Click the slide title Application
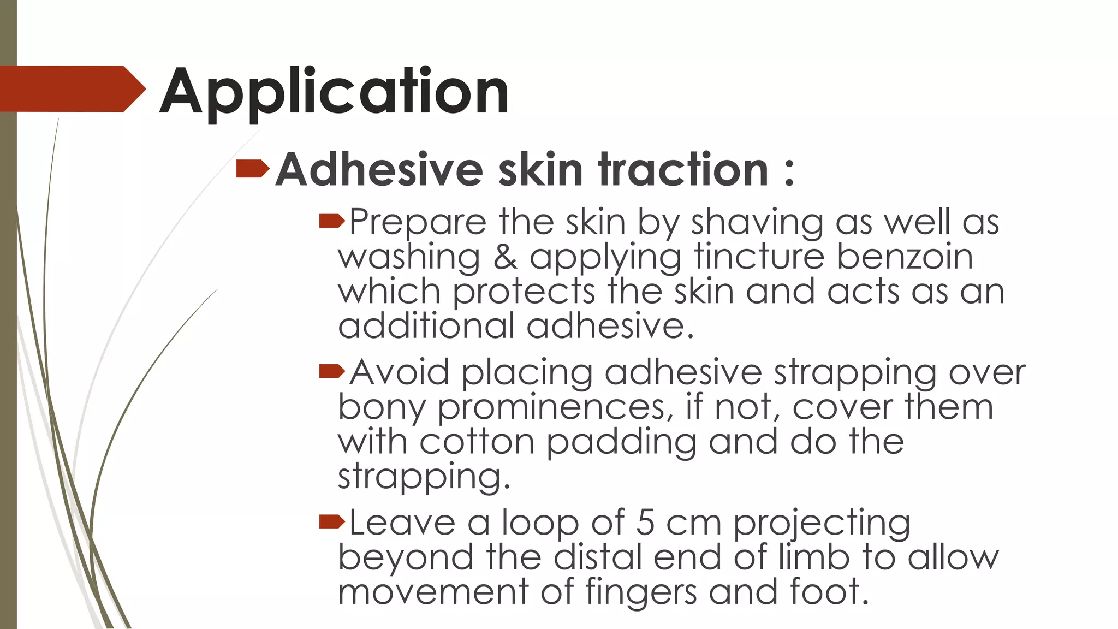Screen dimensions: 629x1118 click(334, 92)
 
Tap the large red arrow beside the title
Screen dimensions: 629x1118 click(71, 89)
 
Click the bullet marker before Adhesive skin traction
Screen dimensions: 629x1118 click(252, 169)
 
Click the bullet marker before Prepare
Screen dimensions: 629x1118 click(331, 221)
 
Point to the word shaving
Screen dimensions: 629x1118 click(757, 223)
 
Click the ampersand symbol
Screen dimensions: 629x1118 click(505, 257)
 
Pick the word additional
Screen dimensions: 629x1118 click(426, 326)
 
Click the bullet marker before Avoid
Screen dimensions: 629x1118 click(331, 371)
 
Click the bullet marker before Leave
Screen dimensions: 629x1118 click(331, 522)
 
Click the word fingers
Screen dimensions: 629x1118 click(641, 592)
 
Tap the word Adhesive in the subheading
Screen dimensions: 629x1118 click(379, 169)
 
